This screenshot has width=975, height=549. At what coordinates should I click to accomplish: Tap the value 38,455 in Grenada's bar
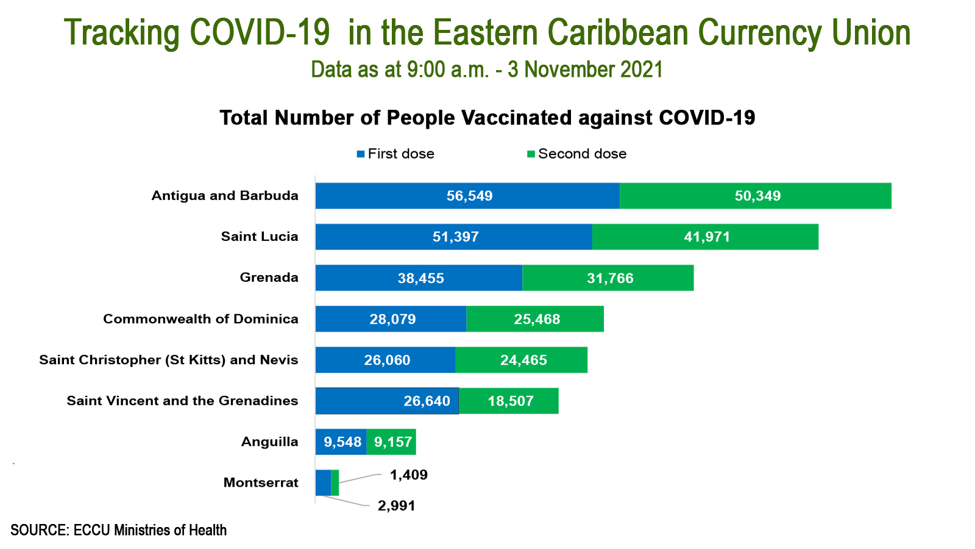click(420, 278)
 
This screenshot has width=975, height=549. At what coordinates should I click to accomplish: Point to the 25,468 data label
click(537, 319)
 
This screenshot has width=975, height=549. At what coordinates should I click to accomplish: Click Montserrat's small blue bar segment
click(323, 483)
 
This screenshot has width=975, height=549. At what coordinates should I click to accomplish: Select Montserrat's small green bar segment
click(335, 483)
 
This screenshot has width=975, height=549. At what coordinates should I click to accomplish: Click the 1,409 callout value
click(408, 475)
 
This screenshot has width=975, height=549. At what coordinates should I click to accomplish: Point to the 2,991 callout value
click(396, 506)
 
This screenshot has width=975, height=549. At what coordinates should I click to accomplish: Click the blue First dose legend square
click(361, 154)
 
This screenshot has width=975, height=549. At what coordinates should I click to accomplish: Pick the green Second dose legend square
click(531, 154)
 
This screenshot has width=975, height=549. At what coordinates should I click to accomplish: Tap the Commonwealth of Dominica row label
click(200, 319)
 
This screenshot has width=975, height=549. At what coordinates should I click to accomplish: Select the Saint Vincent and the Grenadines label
click(182, 401)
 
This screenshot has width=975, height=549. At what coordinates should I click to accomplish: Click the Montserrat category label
click(261, 483)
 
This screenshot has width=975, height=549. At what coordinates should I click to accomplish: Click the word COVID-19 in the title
click(260, 33)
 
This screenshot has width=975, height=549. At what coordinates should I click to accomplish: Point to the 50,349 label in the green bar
click(757, 196)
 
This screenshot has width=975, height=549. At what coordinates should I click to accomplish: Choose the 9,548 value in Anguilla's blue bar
click(342, 442)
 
